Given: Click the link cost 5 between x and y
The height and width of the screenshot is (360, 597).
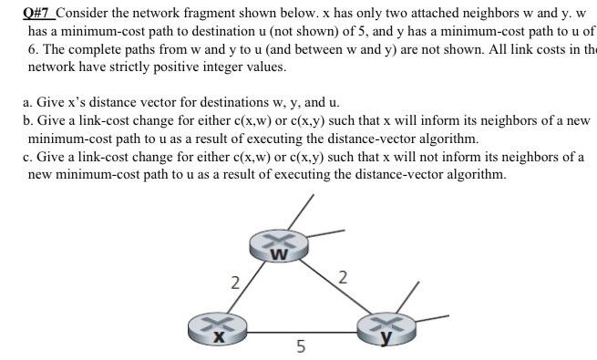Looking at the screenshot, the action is pos(301,347).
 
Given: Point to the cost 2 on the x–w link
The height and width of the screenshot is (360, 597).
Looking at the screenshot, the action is pos(234,282).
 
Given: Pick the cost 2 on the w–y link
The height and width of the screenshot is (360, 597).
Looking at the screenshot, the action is pos(342,277).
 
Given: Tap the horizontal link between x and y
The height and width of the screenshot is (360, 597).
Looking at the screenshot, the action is pos(301,331).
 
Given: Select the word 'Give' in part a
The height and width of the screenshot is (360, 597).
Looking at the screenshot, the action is pos(52,102).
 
